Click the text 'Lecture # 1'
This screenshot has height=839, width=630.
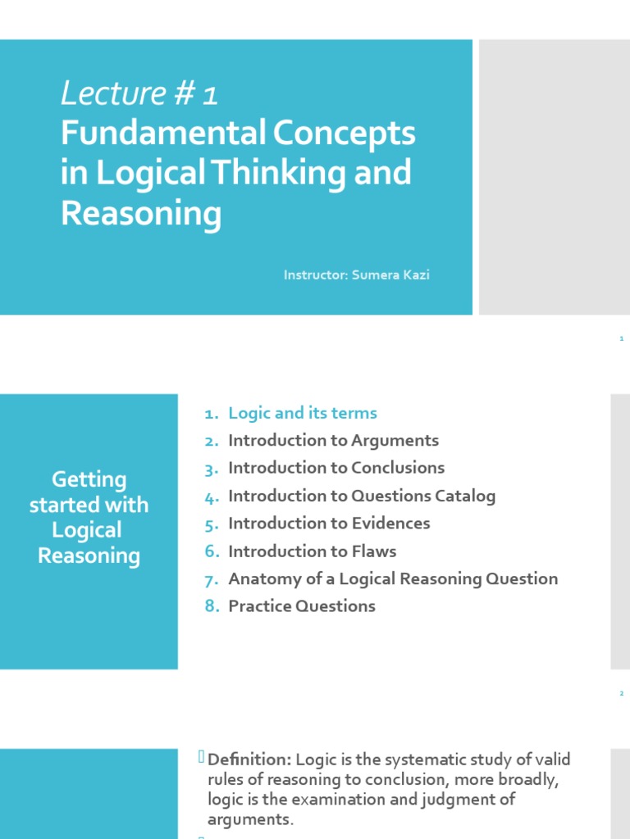tap(139, 94)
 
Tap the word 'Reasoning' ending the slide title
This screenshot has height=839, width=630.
tap(141, 214)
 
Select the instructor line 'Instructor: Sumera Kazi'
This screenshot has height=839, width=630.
tap(356, 275)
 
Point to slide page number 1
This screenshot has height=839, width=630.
tap(622, 338)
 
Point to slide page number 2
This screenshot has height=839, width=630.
tap(622, 694)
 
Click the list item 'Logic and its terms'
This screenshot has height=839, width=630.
tap(302, 413)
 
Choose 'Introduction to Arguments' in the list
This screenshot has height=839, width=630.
tap(333, 441)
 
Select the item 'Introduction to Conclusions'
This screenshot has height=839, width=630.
tap(336, 468)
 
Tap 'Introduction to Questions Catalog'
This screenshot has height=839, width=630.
tap(362, 496)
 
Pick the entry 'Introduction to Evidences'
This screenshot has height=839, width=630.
tap(329, 523)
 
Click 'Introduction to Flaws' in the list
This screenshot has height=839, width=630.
tap(312, 551)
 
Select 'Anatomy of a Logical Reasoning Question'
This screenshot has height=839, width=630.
tap(393, 578)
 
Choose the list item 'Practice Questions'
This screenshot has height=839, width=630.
tap(301, 606)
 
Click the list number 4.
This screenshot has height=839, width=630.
tap(211, 497)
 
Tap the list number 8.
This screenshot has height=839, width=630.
tap(211, 607)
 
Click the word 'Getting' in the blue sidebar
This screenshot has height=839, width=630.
tap(89, 479)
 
